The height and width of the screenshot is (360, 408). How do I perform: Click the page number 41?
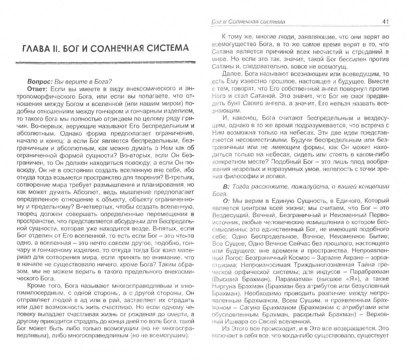click(x=385, y=22)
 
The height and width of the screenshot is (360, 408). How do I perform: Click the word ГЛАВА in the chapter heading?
click(x=37, y=48)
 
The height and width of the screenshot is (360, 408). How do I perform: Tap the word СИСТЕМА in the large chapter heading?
click(x=164, y=48)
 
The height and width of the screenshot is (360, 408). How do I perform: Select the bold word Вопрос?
click(x=40, y=81)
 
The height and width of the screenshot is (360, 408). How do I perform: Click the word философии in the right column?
click(x=247, y=177)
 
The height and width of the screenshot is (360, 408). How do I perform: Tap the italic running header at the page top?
click(x=249, y=22)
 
